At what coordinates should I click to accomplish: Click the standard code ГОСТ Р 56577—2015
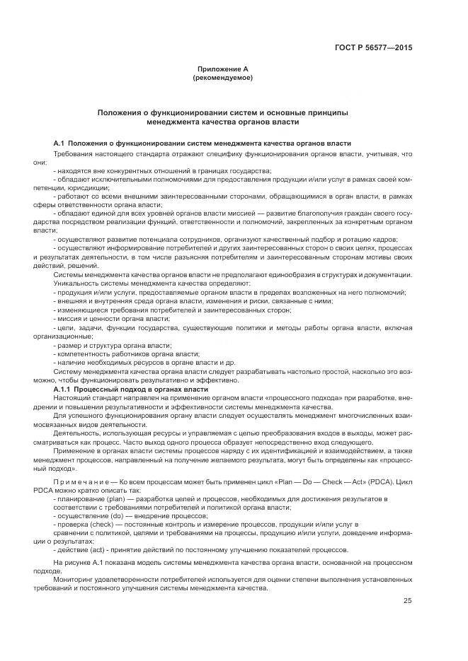pos(373,47)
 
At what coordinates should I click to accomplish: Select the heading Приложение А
pos(223,69)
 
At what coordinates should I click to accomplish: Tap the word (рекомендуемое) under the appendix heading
pos(223,77)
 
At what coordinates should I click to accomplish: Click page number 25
pos(407,601)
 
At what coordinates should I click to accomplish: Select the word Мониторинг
pos(75,579)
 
